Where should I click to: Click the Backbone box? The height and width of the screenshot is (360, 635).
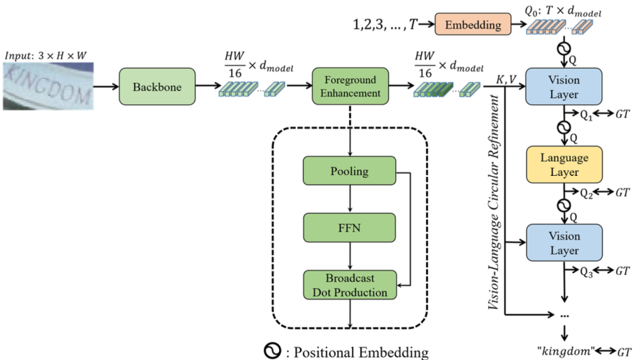[158, 87]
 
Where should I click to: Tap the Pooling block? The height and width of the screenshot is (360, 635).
[349, 172]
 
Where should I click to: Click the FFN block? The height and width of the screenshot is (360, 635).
[349, 228]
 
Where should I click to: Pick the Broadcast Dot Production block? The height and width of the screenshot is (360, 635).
[349, 285]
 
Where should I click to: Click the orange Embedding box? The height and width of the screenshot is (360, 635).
[473, 25]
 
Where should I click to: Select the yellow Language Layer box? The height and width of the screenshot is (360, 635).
[564, 165]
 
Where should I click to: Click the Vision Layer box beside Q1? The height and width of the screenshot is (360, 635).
[564, 87]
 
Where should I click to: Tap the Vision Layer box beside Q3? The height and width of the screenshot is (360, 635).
[564, 243]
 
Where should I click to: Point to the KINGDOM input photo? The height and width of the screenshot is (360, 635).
[47, 86]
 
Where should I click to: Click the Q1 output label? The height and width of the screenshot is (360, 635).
[585, 117]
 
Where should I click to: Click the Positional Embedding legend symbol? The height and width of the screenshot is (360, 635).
[272, 351]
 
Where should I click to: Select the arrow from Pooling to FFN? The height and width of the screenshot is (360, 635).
[350, 200]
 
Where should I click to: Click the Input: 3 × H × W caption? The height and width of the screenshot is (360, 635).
[46, 56]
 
